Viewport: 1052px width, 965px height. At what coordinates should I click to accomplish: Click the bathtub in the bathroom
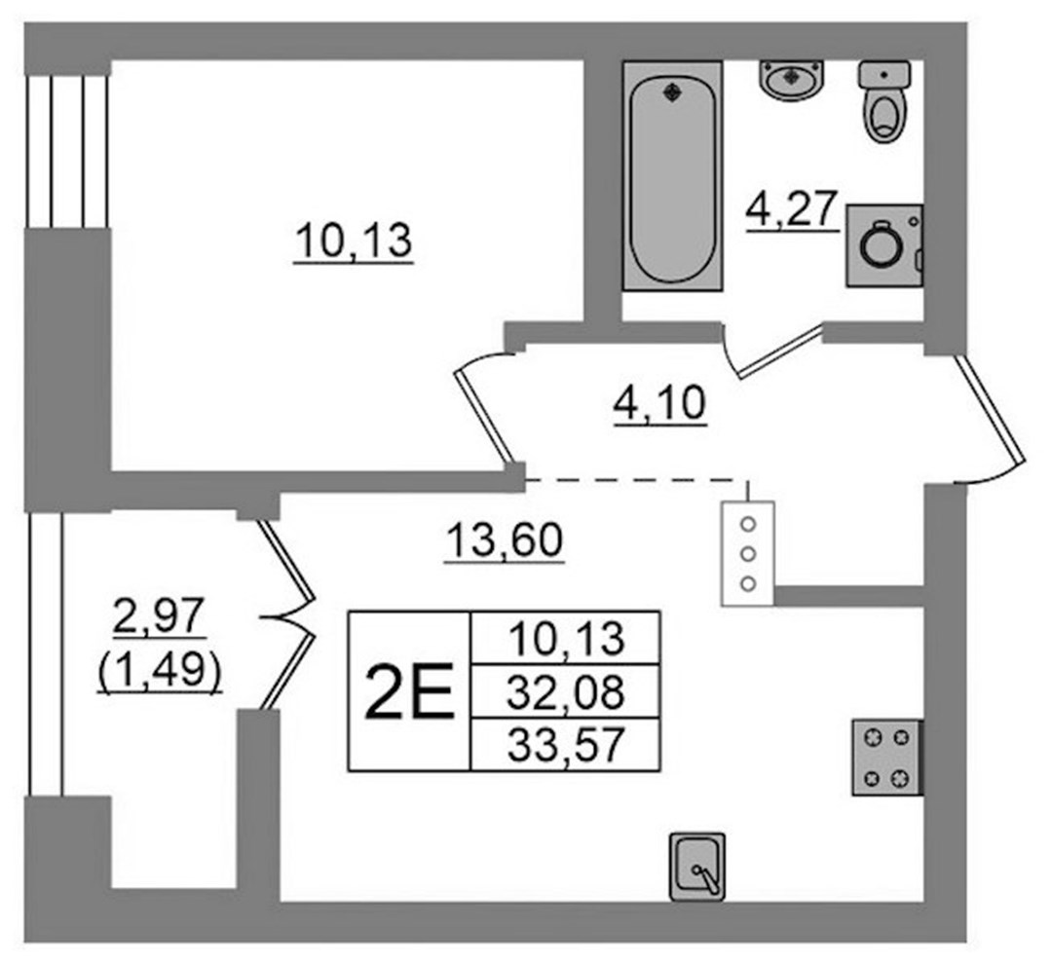coord(672,175)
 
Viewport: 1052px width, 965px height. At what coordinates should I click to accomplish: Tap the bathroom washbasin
coord(792,80)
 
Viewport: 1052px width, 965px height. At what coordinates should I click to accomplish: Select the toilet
coord(884,100)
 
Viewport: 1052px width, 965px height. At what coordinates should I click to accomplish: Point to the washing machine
coord(884,246)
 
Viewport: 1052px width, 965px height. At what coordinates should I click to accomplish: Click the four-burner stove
coord(887,758)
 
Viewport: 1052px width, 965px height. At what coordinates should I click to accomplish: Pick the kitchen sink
coord(697,867)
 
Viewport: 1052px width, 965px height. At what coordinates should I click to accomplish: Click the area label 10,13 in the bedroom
coord(353,241)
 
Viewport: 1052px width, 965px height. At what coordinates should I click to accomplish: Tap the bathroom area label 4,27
coord(792,209)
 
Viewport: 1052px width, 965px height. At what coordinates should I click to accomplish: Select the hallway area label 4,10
coord(659,404)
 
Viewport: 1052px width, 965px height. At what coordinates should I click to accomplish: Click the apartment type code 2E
coord(409,691)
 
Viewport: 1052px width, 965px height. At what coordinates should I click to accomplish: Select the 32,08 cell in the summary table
coord(566,691)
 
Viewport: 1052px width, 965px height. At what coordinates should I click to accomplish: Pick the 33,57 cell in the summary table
coord(566,744)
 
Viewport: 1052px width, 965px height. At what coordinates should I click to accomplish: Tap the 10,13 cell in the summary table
coord(566,638)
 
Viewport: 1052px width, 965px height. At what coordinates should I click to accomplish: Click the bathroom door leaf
coord(780,351)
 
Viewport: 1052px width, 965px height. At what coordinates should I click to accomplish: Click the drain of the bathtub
coord(671,93)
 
